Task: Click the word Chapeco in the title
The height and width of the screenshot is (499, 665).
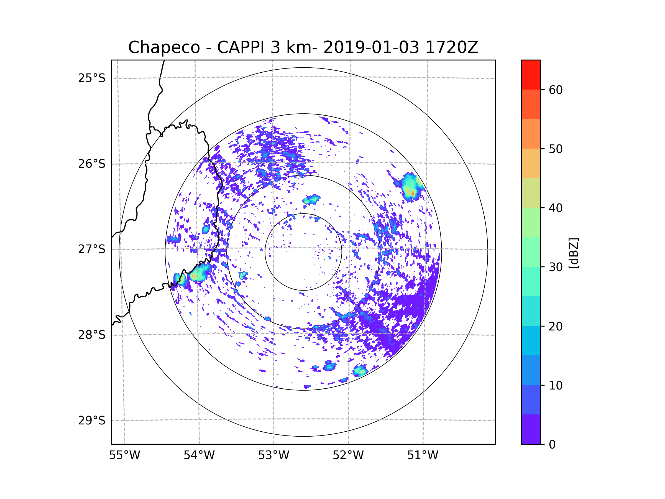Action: [x=164, y=47]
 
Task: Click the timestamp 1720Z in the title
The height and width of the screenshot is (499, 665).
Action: [x=452, y=47]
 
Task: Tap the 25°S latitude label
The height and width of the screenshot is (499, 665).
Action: [x=92, y=78]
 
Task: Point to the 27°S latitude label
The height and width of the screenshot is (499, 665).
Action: [x=92, y=249]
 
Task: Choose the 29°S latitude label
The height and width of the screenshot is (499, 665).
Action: [x=92, y=421]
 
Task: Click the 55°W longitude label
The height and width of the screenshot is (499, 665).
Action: [x=124, y=455]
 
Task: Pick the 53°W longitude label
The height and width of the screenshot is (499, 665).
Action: [x=273, y=455]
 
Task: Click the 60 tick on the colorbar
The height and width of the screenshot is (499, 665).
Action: [x=556, y=90]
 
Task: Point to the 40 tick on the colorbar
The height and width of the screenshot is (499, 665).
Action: [x=556, y=208]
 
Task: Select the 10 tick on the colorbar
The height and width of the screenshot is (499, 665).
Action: [x=556, y=385]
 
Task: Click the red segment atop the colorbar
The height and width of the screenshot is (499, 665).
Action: [x=531, y=75]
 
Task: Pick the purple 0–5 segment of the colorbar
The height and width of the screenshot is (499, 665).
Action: [x=531, y=429]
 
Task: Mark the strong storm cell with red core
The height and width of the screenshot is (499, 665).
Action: [x=413, y=193]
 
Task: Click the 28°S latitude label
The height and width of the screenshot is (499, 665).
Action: [x=92, y=335]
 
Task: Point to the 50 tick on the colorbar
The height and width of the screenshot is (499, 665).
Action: [x=556, y=149]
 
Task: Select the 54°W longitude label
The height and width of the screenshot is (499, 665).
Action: [x=199, y=455]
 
